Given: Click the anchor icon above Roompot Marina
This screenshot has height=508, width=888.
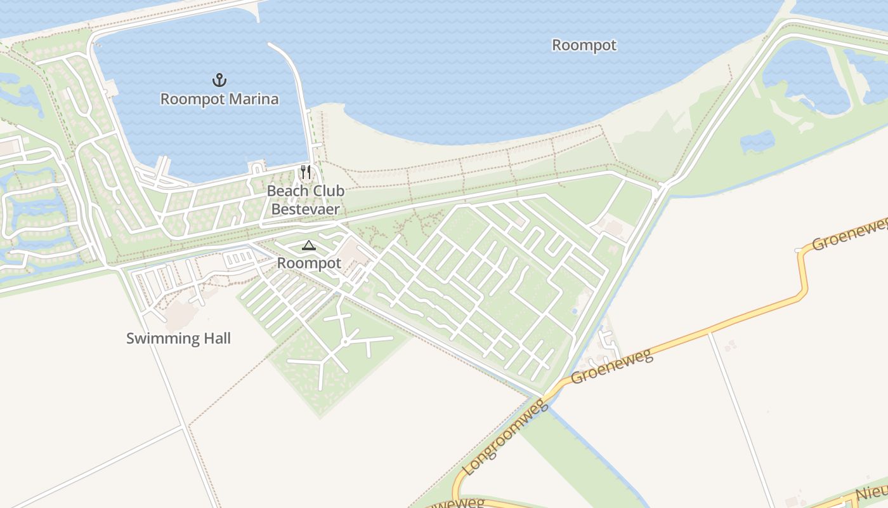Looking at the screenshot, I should coord(219,80).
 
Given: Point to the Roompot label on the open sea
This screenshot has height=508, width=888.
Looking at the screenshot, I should coord(584,46).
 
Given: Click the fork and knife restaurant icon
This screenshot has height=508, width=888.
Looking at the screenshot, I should coord(306,171).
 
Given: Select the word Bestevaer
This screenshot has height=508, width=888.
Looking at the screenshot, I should coord(305,209).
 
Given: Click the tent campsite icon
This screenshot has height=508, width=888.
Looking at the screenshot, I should coord(308,245).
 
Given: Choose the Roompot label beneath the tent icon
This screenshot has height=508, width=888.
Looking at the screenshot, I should coord(309,263).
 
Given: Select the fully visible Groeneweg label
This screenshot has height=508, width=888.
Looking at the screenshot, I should coord(611,366).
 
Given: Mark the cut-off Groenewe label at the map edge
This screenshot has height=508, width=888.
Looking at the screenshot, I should coord(850,234).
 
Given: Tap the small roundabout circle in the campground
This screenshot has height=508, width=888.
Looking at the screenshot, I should coord(344,342).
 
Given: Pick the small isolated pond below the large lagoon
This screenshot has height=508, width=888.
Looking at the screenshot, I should coord(757,142).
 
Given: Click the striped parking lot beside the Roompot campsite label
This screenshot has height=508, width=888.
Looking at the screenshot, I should coord(239,258).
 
